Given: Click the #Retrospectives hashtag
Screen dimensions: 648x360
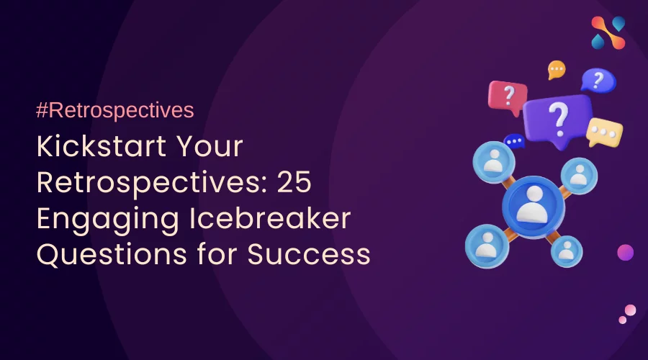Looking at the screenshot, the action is [x=115, y=110].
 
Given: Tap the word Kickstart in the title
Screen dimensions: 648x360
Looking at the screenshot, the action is [x=102, y=146].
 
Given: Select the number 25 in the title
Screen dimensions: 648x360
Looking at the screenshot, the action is [x=294, y=182].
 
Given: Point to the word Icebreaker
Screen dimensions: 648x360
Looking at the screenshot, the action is [x=270, y=218].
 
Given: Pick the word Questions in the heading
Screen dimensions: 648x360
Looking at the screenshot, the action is [x=112, y=253].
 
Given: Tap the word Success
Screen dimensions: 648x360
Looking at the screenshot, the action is [x=309, y=253].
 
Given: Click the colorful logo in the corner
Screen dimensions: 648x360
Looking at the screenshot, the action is [x=608, y=32].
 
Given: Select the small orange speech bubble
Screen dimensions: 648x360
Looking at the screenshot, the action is [x=557, y=69].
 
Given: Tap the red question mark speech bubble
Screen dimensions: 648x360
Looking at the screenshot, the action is [x=508, y=97].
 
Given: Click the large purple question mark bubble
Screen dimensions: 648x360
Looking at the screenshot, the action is [x=557, y=120].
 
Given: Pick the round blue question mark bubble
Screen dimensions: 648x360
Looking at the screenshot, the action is [x=598, y=80].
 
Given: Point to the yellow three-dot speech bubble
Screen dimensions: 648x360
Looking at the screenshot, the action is [x=604, y=132].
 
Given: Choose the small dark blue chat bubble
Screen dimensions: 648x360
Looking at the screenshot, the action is [x=514, y=141].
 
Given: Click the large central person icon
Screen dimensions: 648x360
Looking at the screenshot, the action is [x=533, y=206].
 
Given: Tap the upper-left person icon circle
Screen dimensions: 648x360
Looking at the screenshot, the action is [x=494, y=161].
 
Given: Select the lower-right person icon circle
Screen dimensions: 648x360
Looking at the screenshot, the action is [x=567, y=251].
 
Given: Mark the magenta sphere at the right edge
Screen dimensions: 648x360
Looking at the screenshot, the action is [x=625, y=252].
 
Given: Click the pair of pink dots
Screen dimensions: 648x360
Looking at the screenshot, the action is [x=627, y=314].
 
